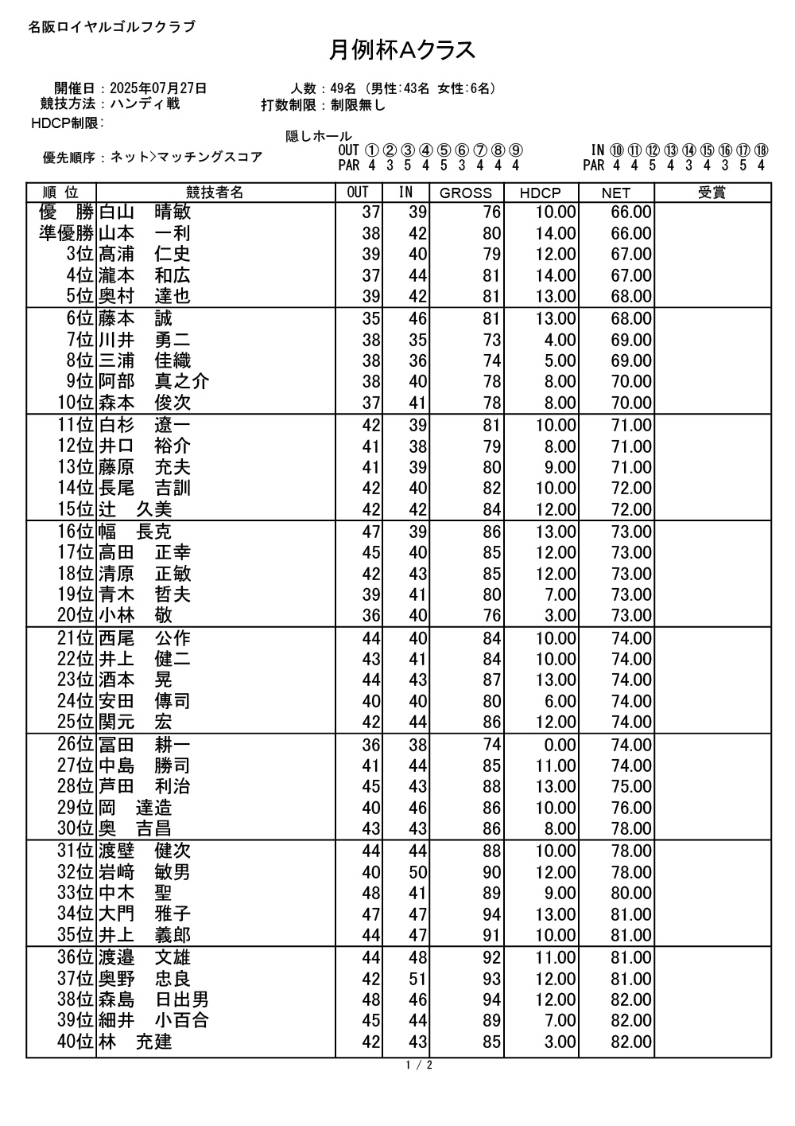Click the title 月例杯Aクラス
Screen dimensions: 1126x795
pos(402,50)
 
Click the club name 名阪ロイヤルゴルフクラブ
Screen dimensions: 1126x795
pos(111,26)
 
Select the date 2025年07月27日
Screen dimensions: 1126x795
pos(158,88)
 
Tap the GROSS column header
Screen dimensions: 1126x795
pos(466,193)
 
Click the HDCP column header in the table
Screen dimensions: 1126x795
pos(540,193)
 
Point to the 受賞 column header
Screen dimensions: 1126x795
pos(712,193)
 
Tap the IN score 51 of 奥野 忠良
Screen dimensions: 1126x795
pos(417,979)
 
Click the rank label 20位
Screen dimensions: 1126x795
pos(76,615)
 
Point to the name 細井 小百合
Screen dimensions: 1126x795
pos(153,1020)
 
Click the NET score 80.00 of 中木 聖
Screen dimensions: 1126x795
pos(631,893)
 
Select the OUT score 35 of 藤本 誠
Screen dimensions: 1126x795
pos(370,318)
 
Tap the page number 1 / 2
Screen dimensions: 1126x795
pos(419,1066)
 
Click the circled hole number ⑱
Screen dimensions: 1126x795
pos(761,150)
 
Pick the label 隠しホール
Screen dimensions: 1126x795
pos(318,137)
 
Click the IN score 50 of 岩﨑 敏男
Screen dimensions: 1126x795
pos(417,872)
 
